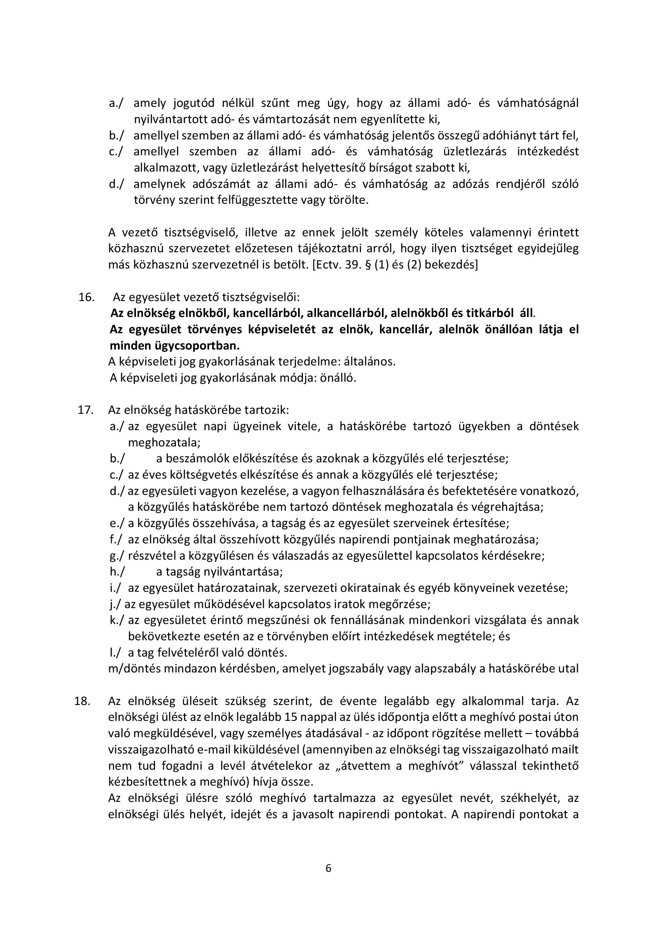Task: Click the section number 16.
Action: point(87,297)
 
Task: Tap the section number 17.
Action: point(86,410)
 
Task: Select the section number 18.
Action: point(82,701)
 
